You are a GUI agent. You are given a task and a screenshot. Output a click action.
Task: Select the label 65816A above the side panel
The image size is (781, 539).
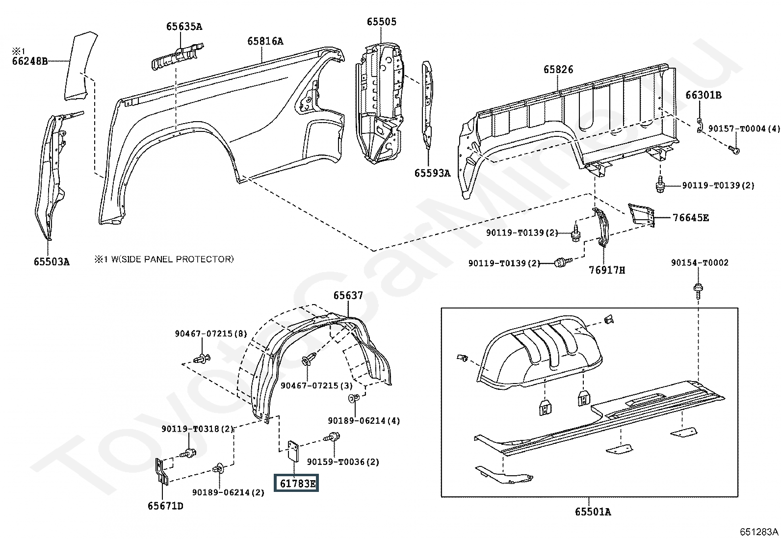(265, 41)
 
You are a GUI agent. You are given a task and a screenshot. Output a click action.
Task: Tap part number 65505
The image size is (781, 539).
(382, 22)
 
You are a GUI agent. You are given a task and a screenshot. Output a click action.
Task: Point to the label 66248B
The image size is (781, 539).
(29, 61)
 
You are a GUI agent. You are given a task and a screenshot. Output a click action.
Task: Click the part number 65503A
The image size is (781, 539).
(52, 261)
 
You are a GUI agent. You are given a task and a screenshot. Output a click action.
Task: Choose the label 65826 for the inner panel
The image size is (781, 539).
(558, 69)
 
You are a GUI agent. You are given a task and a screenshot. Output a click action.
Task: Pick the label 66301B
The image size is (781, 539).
(703, 95)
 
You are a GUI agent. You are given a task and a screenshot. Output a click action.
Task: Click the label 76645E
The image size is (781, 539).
(691, 218)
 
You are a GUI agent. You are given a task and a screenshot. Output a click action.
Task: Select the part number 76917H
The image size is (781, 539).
(607, 270)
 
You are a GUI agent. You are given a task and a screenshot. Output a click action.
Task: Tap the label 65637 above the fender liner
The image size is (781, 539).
(348, 295)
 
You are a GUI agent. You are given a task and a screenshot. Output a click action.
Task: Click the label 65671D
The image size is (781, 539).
(165, 506)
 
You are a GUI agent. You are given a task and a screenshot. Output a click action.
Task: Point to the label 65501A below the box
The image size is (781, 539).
(593, 512)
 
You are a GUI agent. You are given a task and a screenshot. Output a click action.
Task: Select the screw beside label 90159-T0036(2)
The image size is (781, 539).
(332, 436)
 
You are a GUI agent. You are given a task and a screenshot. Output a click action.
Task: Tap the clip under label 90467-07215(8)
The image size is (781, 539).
(202, 359)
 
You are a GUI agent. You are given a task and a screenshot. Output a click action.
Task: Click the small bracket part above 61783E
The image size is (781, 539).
(293, 451)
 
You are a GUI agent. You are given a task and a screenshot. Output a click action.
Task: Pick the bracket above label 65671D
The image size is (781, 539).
(162, 471)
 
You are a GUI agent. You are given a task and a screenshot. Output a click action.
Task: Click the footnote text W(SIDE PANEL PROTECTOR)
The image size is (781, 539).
(172, 259)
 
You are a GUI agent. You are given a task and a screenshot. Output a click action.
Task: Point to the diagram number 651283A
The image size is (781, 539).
(759, 531)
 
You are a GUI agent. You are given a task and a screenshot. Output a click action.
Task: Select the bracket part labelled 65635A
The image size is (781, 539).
(178, 56)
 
